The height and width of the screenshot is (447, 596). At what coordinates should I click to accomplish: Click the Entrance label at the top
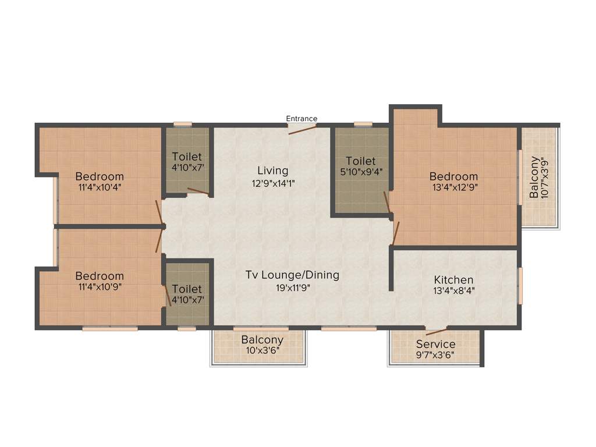(x=301, y=119)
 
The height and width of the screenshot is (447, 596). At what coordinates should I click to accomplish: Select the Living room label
(x=273, y=171)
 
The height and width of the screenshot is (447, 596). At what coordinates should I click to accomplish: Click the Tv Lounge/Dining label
(x=292, y=275)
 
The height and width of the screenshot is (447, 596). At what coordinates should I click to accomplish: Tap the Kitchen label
(x=454, y=280)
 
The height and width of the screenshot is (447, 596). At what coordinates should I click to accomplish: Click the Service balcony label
(x=436, y=344)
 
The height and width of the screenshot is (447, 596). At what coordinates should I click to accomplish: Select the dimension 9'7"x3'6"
(x=436, y=354)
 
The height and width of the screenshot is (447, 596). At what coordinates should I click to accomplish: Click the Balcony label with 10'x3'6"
(x=262, y=340)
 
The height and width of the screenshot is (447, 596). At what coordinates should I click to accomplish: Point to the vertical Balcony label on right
(x=534, y=178)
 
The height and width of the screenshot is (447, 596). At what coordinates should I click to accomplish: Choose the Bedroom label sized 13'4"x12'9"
(x=454, y=176)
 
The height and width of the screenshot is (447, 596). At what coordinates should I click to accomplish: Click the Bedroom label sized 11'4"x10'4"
(x=100, y=176)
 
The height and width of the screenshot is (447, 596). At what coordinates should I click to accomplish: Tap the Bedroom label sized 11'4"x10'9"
(x=100, y=276)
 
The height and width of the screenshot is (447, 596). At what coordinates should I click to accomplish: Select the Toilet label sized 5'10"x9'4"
(x=360, y=161)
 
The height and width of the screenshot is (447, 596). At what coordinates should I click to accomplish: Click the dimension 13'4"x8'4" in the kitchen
(x=454, y=292)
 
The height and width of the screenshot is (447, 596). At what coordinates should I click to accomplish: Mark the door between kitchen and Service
(x=437, y=331)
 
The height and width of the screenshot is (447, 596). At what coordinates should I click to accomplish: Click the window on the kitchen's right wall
(x=520, y=285)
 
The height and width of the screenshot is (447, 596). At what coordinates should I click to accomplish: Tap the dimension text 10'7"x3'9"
(x=545, y=178)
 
